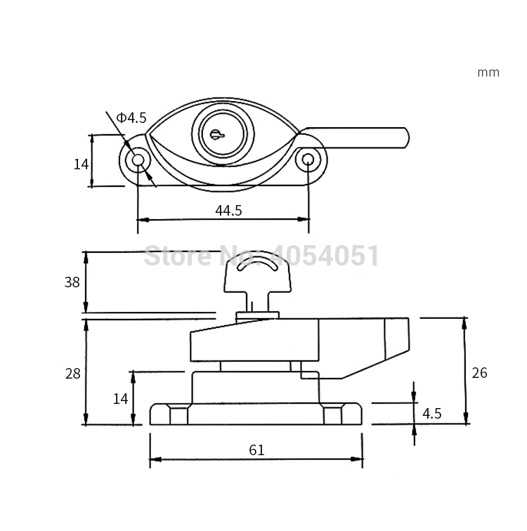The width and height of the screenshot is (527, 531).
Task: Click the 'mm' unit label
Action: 488,72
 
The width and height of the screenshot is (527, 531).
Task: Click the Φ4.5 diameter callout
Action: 131,117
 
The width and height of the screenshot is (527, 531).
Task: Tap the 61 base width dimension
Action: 256,450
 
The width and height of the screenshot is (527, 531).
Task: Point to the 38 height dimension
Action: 72,282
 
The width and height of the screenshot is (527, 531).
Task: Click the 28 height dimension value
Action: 72,374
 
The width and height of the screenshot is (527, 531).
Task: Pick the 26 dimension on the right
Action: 479,373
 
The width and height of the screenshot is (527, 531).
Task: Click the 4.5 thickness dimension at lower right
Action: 432,414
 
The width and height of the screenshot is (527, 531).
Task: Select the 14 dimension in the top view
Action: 81,164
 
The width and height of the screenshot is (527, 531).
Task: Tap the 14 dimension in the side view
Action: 121,398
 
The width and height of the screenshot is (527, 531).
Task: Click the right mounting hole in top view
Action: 307,160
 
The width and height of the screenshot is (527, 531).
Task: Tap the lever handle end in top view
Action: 401,138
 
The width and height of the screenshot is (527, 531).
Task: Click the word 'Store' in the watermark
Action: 172,256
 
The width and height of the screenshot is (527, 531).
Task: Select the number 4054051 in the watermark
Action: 327,256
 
